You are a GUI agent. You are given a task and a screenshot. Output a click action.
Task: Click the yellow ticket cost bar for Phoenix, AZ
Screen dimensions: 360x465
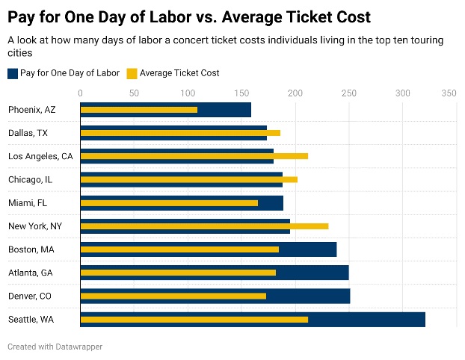click(x=139, y=110)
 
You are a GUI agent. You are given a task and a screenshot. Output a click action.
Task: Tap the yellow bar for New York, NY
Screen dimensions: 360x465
click(x=204, y=226)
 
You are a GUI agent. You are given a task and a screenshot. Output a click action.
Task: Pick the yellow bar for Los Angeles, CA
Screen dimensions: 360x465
click(x=194, y=156)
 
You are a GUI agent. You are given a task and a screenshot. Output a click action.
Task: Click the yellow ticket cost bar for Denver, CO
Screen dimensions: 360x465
click(x=173, y=297)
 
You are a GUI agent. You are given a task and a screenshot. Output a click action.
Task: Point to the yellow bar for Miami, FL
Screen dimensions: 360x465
click(x=169, y=203)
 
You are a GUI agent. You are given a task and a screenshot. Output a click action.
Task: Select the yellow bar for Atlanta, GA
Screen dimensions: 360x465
click(x=178, y=273)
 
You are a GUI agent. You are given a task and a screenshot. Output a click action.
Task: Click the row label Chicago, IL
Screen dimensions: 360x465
click(x=30, y=179)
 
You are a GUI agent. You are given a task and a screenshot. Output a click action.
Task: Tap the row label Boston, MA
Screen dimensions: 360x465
click(x=31, y=249)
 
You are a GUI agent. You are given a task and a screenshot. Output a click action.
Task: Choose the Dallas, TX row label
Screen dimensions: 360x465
click(x=28, y=133)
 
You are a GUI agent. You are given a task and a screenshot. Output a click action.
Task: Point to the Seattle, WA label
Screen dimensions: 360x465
click(x=31, y=320)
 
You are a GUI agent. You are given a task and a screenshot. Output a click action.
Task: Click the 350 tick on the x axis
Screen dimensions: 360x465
click(x=449, y=93)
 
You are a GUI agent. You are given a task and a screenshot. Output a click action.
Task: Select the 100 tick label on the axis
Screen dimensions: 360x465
click(x=188, y=93)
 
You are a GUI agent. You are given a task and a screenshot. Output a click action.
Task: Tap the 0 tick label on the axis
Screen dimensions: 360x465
click(x=81, y=93)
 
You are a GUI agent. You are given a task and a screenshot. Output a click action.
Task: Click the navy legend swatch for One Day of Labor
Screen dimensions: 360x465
click(x=13, y=73)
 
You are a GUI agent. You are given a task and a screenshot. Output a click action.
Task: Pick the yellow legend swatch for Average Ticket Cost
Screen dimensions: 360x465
click(x=132, y=73)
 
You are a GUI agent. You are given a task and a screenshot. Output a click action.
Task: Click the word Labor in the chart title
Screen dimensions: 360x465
click(x=167, y=16)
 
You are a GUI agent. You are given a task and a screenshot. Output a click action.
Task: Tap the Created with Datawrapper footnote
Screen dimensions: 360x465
click(x=55, y=347)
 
